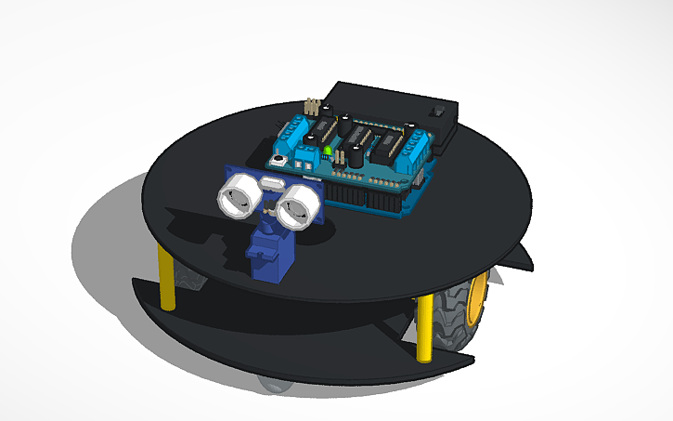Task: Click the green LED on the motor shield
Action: (x=329, y=151)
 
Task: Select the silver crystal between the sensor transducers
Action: (x=270, y=186)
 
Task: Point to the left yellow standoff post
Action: (x=167, y=277)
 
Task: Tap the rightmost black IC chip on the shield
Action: (x=389, y=143)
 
